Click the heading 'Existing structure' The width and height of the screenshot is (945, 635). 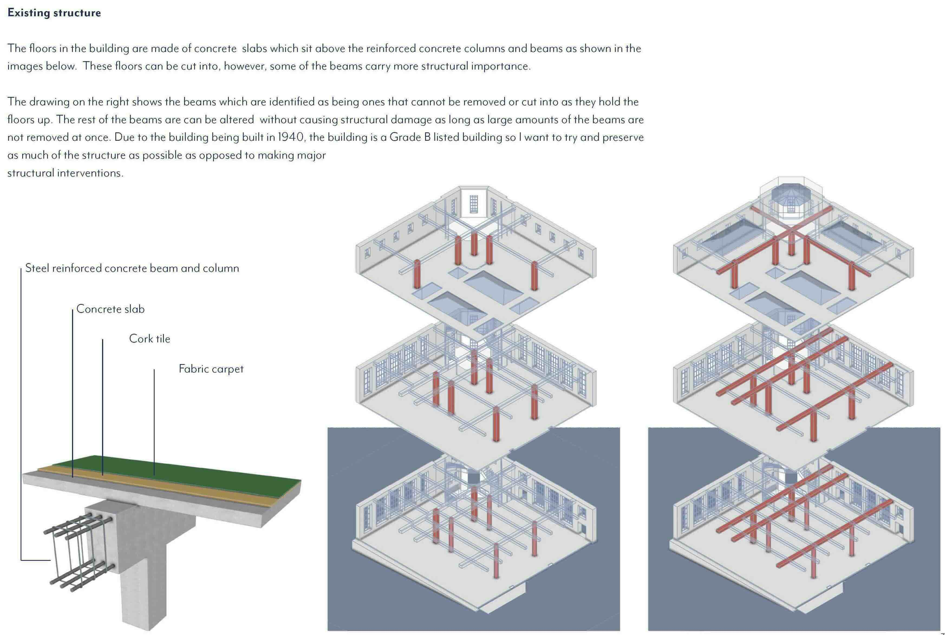54,12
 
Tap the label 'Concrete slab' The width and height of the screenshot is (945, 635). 110,309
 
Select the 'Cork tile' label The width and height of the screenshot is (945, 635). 149,339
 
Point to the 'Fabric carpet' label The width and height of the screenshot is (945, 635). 211,369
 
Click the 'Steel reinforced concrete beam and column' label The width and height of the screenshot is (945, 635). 132,268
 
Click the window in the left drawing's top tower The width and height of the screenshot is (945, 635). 474,204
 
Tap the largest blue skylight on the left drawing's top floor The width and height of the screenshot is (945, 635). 493,287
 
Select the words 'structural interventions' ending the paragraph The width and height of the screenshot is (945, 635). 65,173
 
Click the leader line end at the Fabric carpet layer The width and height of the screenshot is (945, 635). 154,474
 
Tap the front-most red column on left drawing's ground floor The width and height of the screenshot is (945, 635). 496,561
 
